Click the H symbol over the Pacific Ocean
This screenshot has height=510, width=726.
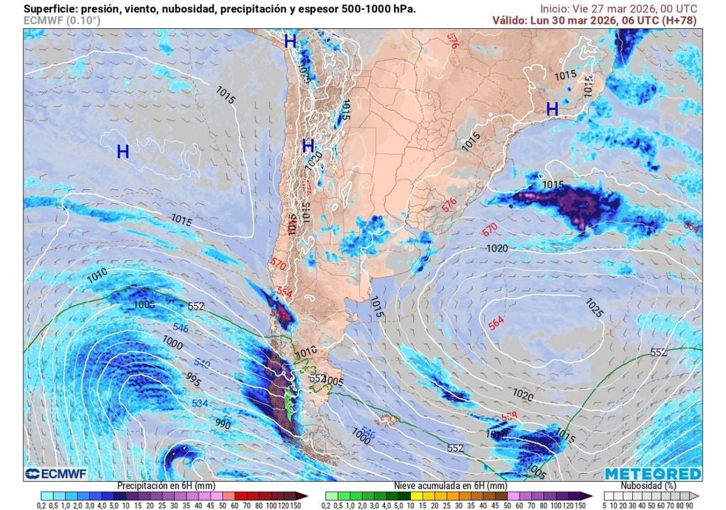coord(123,151)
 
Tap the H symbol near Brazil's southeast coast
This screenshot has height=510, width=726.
coord(552,108)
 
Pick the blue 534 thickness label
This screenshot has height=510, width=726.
coord(200,402)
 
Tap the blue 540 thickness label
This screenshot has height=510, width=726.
coord(203,363)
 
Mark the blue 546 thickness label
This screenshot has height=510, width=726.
coord(180,328)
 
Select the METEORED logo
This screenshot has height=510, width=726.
coord(652,473)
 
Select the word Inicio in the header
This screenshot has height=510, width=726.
coord(555,8)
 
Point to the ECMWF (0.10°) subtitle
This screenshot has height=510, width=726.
coord(62,21)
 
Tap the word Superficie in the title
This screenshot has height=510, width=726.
coord(50,8)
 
